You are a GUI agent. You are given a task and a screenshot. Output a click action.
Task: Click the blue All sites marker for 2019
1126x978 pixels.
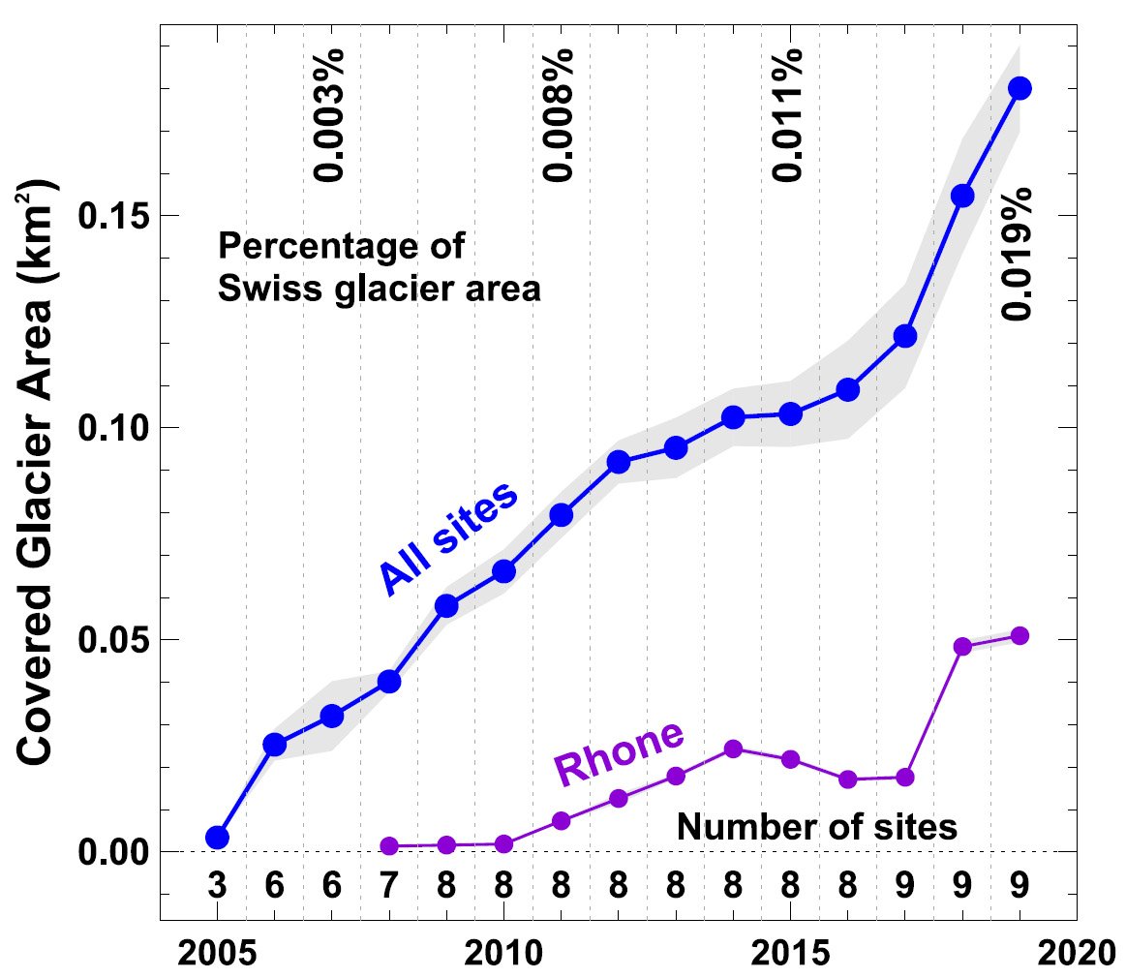pyautogui.click(x=1019, y=88)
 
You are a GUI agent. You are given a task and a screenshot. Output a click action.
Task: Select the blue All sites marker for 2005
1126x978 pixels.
pyautogui.click(x=218, y=838)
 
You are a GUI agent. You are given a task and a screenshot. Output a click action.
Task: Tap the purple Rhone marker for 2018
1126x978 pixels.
pyautogui.click(x=962, y=647)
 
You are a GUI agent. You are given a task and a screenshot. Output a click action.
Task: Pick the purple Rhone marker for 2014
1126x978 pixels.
pyautogui.click(x=733, y=749)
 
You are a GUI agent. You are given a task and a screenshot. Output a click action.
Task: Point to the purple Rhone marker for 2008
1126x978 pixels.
pyautogui.click(x=389, y=845)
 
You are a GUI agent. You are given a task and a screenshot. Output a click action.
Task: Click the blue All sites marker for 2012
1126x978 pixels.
pyautogui.click(x=619, y=462)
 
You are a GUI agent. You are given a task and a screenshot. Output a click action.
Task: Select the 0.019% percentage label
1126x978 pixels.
pyautogui.click(x=1018, y=253)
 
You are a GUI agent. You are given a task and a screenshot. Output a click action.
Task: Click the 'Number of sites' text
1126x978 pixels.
pyautogui.click(x=816, y=827)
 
